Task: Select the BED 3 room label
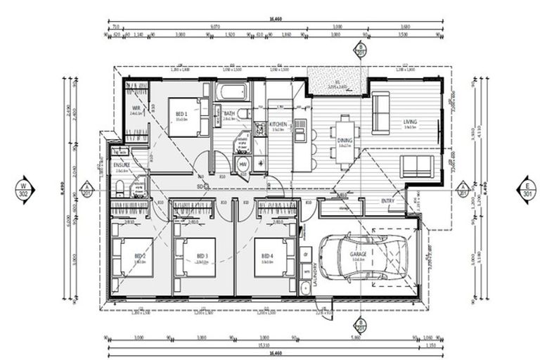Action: tap(202, 255)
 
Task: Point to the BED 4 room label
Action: tap(267, 255)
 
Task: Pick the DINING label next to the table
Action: tap(345, 141)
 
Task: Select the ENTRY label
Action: tap(388, 201)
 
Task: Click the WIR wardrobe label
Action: tap(136, 108)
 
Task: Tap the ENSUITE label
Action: tap(121, 165)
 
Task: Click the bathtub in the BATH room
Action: tap(229, 93)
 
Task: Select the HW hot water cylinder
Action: tap(243, 164)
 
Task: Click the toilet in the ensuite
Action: tap(120, 187)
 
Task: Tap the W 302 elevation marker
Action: tap(24, 188)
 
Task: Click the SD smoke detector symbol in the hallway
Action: tap(200, 186)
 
